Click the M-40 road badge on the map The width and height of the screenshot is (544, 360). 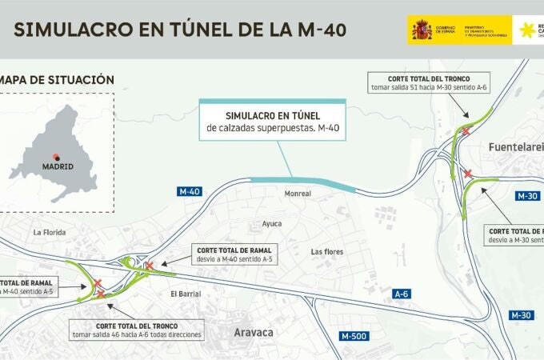click(189, 191)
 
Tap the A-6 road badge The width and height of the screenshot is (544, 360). click(402, 294)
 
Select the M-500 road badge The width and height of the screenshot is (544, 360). click(353, 336)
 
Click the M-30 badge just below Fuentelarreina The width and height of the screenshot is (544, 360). click(528, 196)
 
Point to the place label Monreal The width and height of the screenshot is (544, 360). click(297, 194)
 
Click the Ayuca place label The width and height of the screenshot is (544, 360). click(273, 224)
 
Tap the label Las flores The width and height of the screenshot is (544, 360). click(326, 252)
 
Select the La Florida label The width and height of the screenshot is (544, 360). click(48, 232)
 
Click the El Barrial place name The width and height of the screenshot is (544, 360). click(186, 293)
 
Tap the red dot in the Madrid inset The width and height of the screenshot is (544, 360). click(56, 156)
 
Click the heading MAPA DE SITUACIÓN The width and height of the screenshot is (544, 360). click(57, 80)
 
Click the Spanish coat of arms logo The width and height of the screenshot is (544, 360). click(422, 30)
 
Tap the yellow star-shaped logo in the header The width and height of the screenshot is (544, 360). click(526, 30)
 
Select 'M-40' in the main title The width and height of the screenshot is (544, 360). click(314, 30)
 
